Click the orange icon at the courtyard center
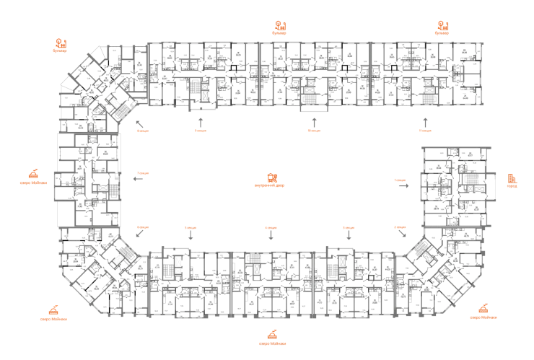271,177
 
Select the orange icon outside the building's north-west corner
61,45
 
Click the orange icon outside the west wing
34,175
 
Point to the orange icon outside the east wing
513,179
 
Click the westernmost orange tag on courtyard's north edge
143,131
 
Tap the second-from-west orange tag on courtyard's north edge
199,131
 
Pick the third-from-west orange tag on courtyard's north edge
313,131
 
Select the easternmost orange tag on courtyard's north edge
424,131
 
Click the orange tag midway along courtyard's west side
143,174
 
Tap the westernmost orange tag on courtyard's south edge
143,227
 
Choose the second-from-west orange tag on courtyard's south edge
191,227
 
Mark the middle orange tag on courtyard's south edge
271,227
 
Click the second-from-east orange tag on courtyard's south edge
349,227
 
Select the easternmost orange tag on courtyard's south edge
400,227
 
